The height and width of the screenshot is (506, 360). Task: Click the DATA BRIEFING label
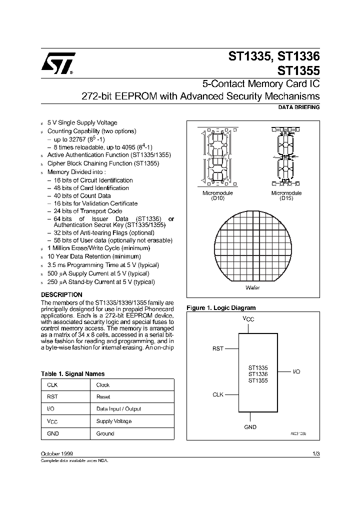coord(298,107)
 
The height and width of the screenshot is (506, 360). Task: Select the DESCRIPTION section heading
coord(61,295)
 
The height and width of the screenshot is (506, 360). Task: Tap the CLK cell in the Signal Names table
coord(52,385)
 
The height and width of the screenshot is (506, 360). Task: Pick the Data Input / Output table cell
coord(118,409)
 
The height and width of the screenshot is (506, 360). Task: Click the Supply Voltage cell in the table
coord(113,421)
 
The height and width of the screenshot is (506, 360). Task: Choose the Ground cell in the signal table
coord(105,433)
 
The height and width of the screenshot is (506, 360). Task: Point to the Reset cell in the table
coord(103,397)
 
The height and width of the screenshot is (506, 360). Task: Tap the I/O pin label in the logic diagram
coord(296,372)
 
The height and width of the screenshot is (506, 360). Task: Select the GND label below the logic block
coord(250,427)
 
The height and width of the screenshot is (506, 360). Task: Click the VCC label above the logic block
coord(248,318)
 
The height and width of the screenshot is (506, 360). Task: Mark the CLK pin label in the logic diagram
coord(218,394)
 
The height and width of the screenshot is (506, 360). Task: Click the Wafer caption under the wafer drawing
coord(252,288)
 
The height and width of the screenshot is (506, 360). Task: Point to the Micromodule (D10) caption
coord(217,195)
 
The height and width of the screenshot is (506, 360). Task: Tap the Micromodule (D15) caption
coord(286,195)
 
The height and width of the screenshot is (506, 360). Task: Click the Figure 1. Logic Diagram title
coord(220,308)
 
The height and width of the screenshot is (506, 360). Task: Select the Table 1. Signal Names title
coord(72,373)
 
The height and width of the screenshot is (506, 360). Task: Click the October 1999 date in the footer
coord(56,453)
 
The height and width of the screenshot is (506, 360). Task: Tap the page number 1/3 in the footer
coord(315,453)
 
